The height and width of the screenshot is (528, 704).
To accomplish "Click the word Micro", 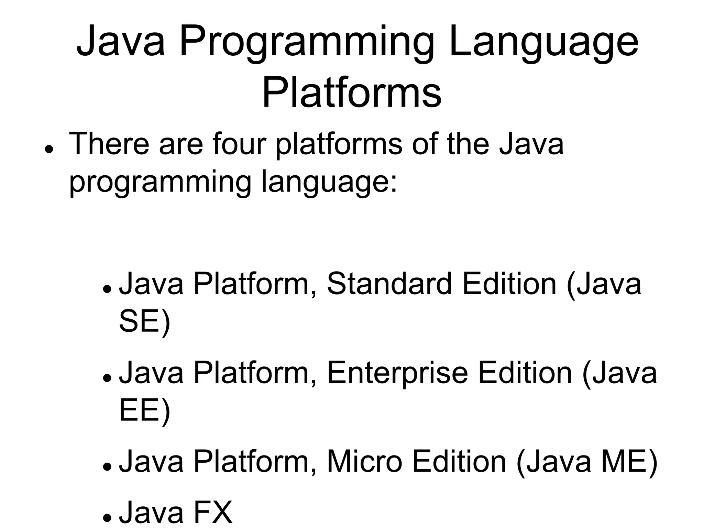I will click(364, 462).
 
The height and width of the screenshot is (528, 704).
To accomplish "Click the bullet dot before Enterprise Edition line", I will click(108, 377).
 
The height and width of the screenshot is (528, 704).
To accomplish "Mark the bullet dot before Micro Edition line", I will click(108, 466).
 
